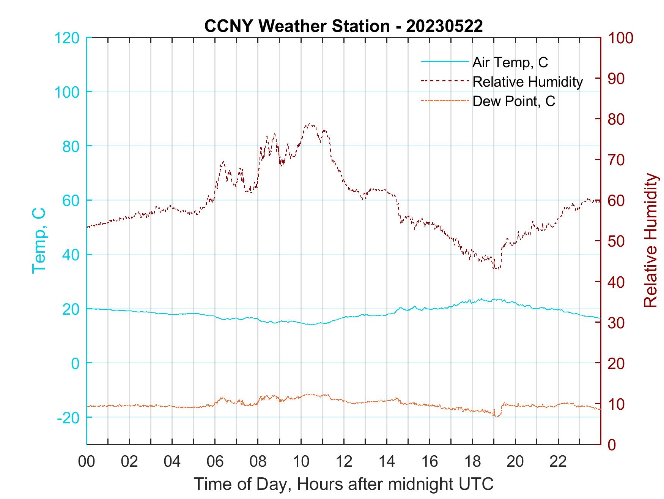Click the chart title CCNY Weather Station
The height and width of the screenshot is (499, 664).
(x=343, y=26)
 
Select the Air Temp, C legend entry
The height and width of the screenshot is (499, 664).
(x=510, y=62)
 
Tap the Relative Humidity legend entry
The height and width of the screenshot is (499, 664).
(x=527, y=82)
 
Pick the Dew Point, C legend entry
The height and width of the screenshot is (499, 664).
(x=513, y=101)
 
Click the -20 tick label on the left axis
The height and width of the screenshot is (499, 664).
(x=68, y=418)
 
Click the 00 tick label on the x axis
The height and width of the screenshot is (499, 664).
(x=87, y=461)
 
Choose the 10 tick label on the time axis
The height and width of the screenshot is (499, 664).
(x=301, y=461)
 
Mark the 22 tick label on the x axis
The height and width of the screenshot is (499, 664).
(x=559, y=461)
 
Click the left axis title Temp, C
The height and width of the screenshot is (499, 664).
(x=39, y=241)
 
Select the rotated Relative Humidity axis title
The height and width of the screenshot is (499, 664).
(x=650, y=241)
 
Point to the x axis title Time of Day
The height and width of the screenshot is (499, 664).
(x=344, y=484)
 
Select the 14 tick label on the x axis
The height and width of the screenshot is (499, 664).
(x=387, y=461)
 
